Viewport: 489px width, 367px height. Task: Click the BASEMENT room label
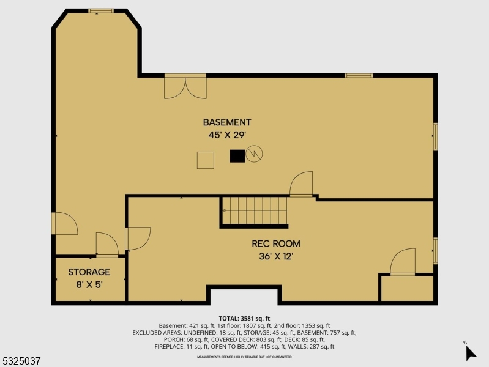coord(227,122)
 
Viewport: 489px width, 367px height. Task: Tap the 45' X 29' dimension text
coord(227,135)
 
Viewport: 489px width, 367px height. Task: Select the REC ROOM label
coord(276,243)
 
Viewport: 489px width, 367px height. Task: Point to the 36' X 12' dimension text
coord(276,256)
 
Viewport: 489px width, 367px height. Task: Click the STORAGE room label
coord(89,272)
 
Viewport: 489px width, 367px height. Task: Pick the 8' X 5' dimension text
coord(89,284)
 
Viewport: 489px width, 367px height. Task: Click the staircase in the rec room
coord(254,211)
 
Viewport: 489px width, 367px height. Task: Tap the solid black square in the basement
coord(237,156)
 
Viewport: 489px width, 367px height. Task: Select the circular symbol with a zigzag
coord(254,154)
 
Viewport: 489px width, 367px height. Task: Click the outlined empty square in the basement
coord(206,160)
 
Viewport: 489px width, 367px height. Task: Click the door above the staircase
coord(301,184)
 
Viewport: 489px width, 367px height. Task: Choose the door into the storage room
coord(107,245)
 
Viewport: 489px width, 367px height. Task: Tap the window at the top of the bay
coord(101,11)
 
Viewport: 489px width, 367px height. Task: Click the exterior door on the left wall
coord(64,223)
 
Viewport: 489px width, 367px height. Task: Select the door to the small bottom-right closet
coord(403,262)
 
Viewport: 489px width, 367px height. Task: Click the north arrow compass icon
coord(470,352)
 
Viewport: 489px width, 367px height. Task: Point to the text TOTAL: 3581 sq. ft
coord(244,318)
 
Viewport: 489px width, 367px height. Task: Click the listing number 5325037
coord(21,361)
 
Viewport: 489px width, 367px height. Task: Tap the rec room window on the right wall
coord(435,251)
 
